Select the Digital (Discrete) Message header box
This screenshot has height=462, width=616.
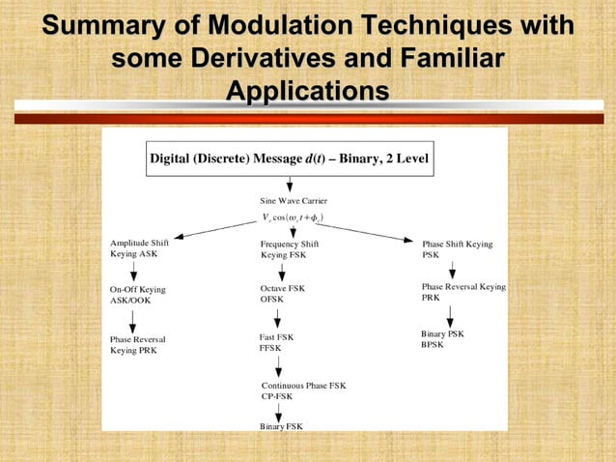(x=290, y=158)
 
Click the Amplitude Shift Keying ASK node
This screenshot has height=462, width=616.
(x=140, y=249)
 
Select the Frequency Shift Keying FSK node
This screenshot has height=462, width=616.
(x=289, y=249)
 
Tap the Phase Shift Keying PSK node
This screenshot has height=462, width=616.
(x=457, y=249)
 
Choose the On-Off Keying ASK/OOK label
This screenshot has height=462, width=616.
(x=137, y=295)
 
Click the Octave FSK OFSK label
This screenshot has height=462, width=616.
(x=282, y=294)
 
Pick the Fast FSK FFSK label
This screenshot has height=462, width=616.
(x=276, y=341)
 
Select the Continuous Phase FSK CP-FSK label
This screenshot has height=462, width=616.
(x=303, y=390)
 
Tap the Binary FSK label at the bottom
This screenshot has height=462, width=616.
(x=281, y=425)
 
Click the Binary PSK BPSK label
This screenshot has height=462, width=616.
(x=442, y=338)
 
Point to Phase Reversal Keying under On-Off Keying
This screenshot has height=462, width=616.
(x=137, y=345)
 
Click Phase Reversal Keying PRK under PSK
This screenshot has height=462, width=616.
(x=463, y=292)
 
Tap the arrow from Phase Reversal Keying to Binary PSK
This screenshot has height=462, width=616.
(x=450, y=315)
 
